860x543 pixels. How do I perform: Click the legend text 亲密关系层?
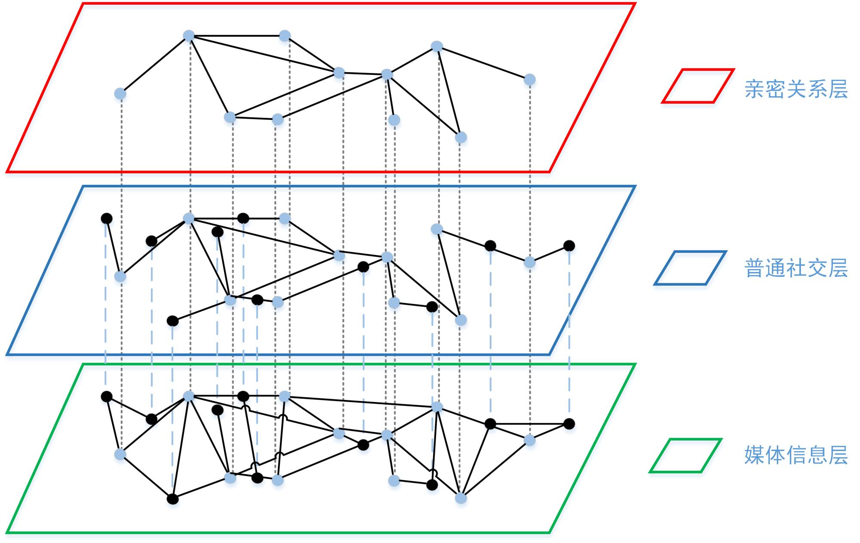pos(796,89)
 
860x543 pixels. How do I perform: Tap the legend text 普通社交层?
pos(796,268)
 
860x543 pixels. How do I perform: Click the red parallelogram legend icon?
pos(697,86)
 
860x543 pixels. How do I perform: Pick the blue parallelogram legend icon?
pos(690,268)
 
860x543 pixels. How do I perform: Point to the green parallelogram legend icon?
pos(685,456)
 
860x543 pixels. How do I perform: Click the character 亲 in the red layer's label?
pos(755,89)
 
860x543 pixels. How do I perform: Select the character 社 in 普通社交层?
pos(796,268)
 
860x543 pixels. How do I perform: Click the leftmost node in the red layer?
pos(120,94)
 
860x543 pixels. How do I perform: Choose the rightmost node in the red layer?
pos(530,80)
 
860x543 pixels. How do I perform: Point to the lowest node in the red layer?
pos(461,138)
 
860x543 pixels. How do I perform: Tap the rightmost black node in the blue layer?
pos(569,246)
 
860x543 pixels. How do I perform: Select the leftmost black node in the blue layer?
pos(107,218)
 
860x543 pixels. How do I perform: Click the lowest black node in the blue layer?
pos(172,321)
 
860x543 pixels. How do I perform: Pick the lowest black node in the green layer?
pos(172,499)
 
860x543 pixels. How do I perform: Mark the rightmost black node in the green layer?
pos(569,424)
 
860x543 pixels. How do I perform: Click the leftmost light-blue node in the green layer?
pos(120,454)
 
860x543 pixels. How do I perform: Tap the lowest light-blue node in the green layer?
pos(461,498)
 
